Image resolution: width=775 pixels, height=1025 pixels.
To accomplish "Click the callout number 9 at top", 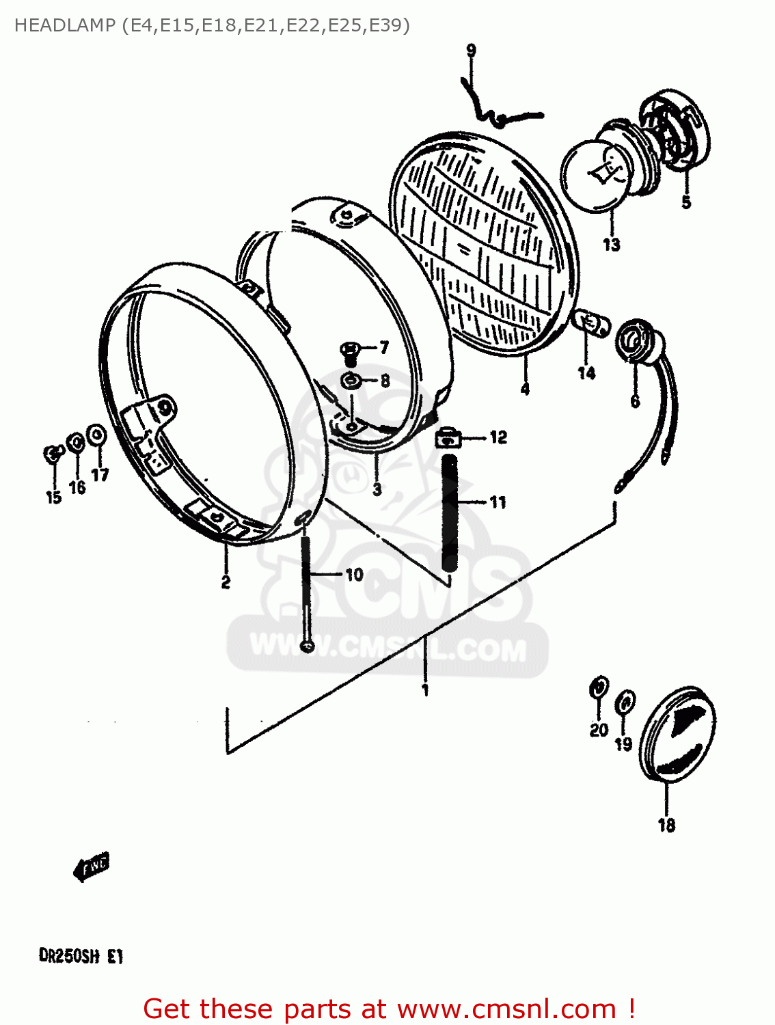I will click(x=471, y=51).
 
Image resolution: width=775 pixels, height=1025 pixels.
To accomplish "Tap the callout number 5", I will click(x=686, y=202).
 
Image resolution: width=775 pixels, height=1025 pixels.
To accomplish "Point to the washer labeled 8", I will click(x=350, y=381).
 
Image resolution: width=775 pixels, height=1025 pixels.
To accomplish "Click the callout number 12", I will click(x=498, y=437).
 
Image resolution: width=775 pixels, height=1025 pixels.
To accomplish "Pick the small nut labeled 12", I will click(x=448, y=437).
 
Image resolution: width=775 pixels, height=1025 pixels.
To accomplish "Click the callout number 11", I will click(x=498, y=502).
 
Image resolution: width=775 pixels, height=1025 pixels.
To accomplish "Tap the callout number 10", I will click(x=354, y=575).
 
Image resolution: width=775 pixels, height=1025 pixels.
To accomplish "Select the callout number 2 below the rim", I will click(x=226, y=582).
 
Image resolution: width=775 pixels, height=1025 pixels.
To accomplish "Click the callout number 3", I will click(x=377, y=489).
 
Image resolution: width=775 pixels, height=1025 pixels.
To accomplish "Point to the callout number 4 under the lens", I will click(x=525, y=389).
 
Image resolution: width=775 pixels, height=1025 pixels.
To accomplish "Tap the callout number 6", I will click(x=635, y=401).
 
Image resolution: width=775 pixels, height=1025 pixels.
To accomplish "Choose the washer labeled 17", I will click(x=98, y=435).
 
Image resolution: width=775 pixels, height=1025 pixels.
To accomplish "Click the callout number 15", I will click(x=53, y=497).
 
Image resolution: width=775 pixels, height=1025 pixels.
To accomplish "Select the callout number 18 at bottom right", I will click(x=666, y=825).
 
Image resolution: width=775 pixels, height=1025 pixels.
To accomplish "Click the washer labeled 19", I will click(x=625, y=702).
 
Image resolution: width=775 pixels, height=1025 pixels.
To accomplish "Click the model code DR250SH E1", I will click(x=81, y=956).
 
